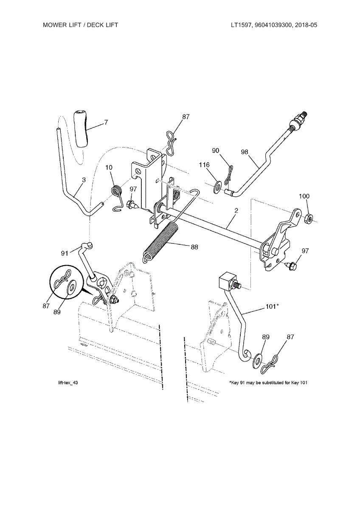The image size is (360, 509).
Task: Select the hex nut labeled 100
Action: [x=309, y=219]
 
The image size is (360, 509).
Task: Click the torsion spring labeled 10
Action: [x=116, y=191]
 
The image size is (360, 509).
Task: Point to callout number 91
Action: [x=65, y=253]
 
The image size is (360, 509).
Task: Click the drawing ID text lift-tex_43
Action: [x=68, y=383]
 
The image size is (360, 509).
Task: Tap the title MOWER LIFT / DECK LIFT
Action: [x=81, y=25]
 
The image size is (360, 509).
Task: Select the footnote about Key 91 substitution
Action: [x=268, y=383]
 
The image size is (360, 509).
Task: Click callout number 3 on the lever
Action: [x=84, y=180]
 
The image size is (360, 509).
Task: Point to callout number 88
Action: [x=194, y=247]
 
